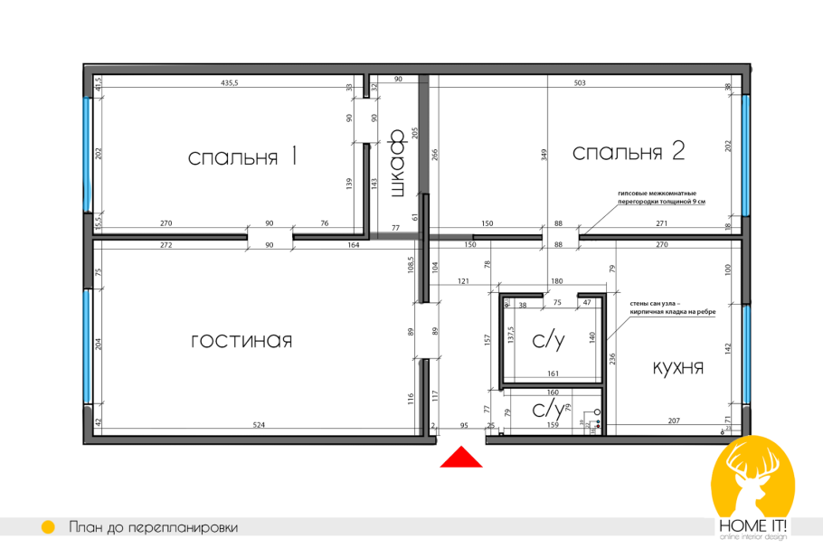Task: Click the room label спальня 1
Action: [x=242, y=157]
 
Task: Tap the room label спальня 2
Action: [x=629, y=153]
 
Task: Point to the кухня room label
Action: [x=677, y=368]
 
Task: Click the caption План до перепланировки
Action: [x=153, y=527]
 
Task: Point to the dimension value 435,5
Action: [x=235, y=83]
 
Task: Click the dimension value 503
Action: [x=580, y=83]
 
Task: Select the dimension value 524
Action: [x=259, y=423]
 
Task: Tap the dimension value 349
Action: [x=544, y=155]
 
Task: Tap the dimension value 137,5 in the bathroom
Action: [x=510, y=336]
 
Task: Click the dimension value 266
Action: [x=434, y=154]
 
